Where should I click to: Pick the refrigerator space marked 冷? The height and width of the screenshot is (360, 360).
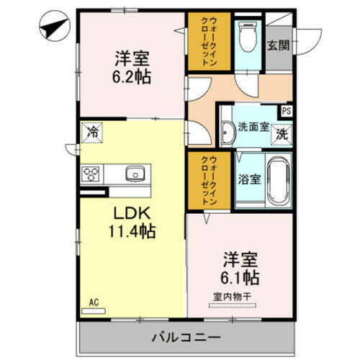(x=92, y=132)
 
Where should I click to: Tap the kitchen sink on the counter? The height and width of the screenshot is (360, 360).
(x=134, y=174)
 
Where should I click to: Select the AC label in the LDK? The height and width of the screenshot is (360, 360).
(x=93, y=303)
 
